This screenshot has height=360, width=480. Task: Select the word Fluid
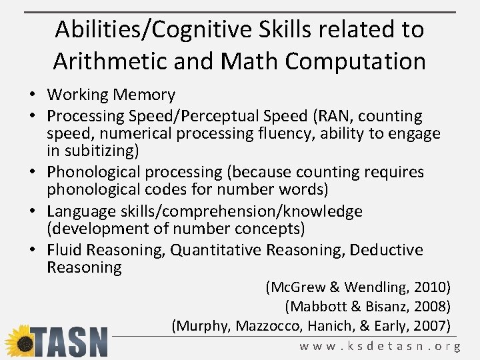63,250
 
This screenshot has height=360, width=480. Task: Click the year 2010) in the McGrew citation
433,287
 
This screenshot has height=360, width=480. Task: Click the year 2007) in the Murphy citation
433,326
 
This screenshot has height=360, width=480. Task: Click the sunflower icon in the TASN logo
19,341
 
